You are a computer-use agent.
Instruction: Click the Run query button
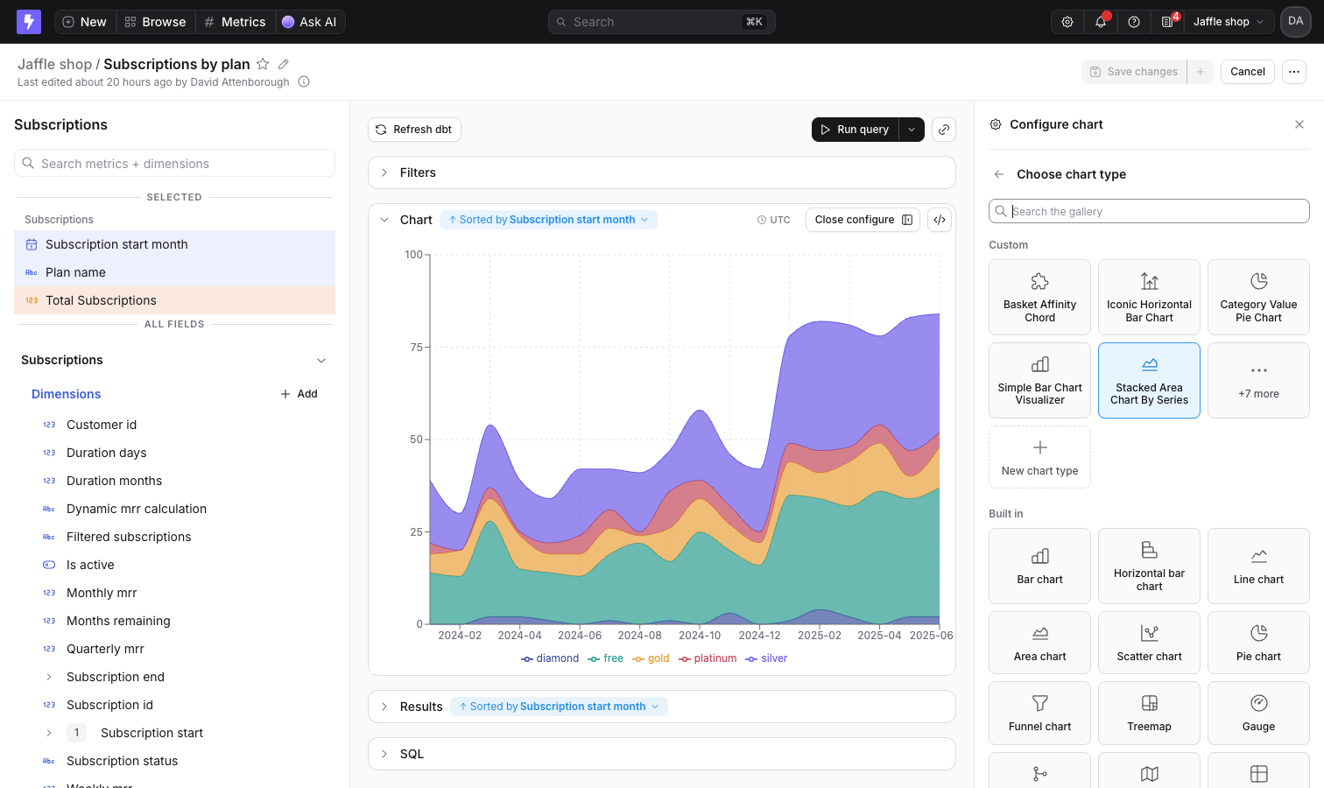click(855, 130)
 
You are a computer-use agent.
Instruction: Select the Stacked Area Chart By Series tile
click(1149, 380)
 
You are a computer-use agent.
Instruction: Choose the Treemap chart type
click(1149, 713)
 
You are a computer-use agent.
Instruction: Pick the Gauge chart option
click(1258, 713)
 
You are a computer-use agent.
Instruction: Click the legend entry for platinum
click(708, 658)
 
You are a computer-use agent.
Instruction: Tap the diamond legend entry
click(550, 658)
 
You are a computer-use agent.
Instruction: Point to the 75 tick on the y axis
click(416, 347)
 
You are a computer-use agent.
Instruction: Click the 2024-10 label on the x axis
click(700, 635)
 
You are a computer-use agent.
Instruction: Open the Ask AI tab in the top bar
click(310, 22)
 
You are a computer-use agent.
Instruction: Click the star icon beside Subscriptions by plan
click(263, 64)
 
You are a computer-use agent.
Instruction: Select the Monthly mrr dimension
click(102, 593)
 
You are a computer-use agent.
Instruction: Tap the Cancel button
click(1247, 72)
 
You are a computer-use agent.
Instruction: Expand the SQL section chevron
click(384, 754)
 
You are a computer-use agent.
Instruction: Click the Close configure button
click(863, 220)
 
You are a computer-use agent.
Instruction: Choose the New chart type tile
click(1039, 457)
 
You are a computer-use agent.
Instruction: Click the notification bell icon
click(1100, 22)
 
